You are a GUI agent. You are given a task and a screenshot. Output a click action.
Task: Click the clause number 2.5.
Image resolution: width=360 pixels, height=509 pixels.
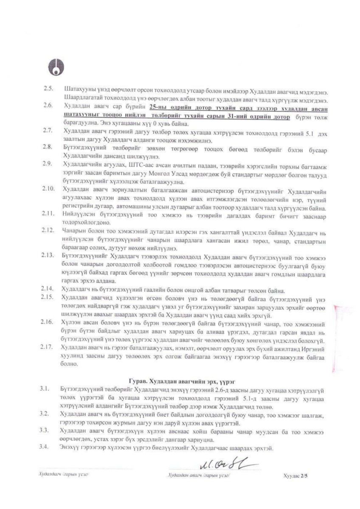coord(48,89)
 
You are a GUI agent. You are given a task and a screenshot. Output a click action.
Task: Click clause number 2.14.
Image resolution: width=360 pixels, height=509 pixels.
coord(49,289)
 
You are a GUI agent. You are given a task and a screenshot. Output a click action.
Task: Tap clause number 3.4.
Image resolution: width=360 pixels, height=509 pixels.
coord(48,436)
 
